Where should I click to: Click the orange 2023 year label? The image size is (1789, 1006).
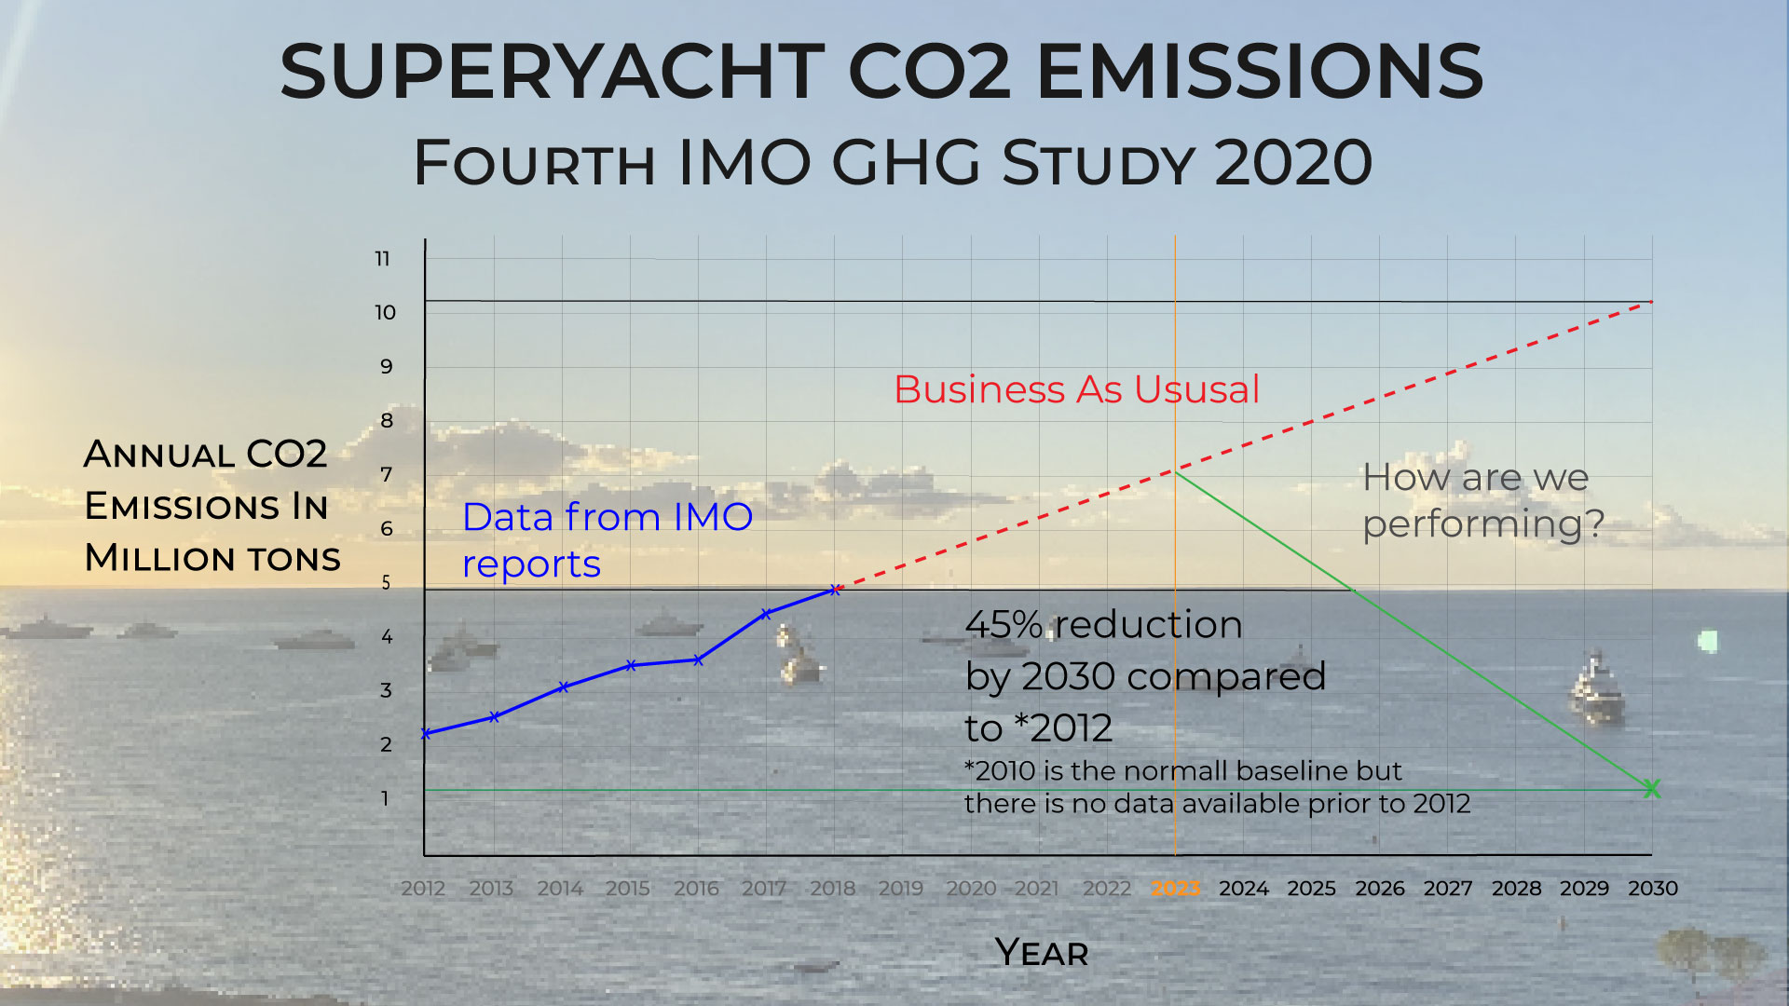point(1175,889)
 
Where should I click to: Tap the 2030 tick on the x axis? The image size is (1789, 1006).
point(1652,889)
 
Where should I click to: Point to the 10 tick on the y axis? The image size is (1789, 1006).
point(385,313)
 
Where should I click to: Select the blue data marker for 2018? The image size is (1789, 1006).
point(835,590)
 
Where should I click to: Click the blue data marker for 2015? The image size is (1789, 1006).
point(631,665)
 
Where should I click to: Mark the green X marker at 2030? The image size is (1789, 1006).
point(1651,789)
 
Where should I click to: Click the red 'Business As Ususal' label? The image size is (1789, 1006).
point(1076,389)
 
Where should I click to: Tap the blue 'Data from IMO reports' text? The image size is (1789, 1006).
point(607,540)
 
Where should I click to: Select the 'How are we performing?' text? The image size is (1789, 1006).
point(1482,500)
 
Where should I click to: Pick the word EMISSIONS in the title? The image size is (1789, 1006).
point(1259,72)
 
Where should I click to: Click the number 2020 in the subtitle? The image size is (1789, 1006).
point(1293,163)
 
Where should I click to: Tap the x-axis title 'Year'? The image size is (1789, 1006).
point(1041,953)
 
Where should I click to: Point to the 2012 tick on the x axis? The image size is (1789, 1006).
point(423,889)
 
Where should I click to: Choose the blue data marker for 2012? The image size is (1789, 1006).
point(426,734)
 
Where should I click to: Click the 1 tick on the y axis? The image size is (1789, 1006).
point(385,799)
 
